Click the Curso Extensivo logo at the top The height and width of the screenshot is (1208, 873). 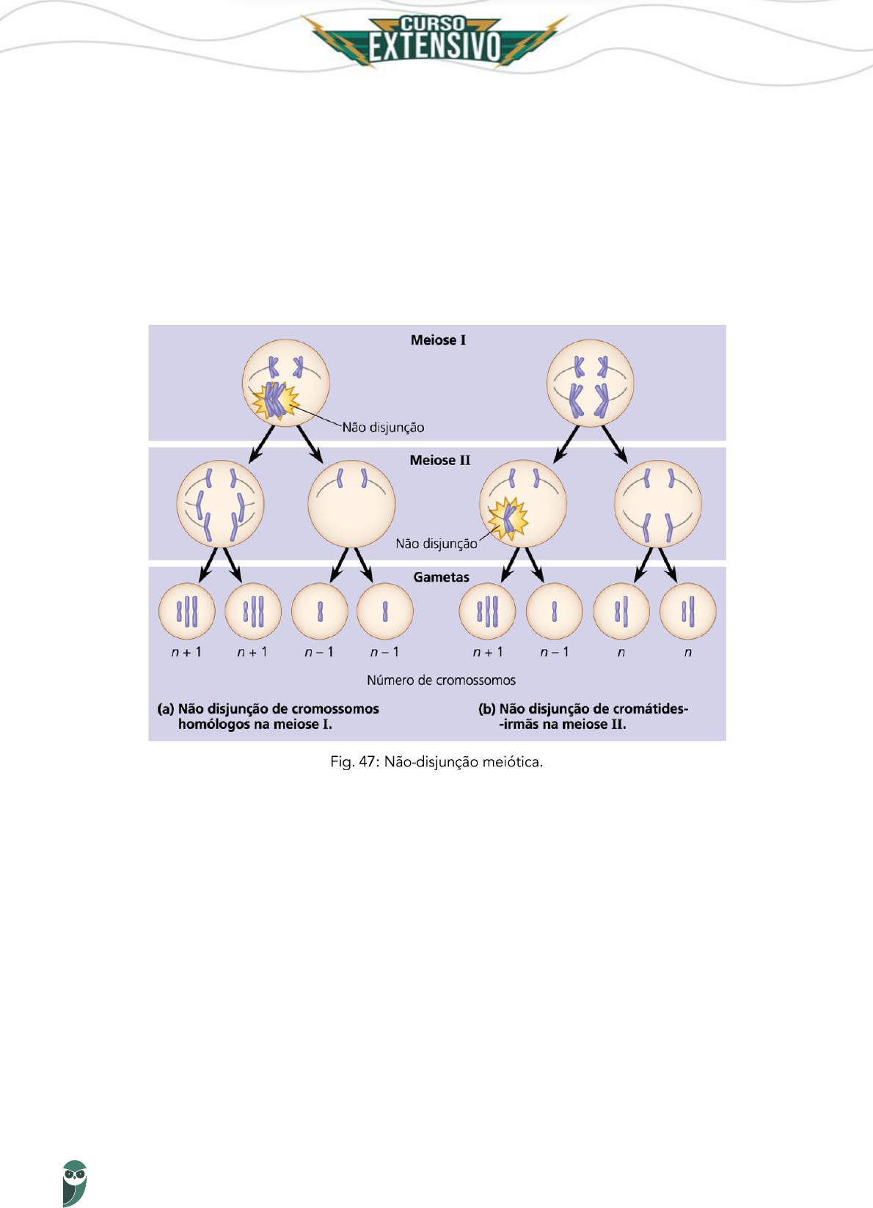pyautogui.click(x=436, y=40)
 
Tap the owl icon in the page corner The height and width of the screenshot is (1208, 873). pyautogui.click(x=74, y=1182)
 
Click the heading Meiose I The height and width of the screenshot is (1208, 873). pyautogui.click(x=438, y=340)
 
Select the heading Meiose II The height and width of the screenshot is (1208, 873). pyautogui.click(x=439, y=461)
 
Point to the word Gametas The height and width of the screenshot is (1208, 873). pyautogui.click(x=441, y=577)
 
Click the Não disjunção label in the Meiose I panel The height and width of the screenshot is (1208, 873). pyautogui.click(x=383, y=428)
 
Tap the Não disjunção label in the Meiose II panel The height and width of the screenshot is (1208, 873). pyautogui.click(x=436, y=543)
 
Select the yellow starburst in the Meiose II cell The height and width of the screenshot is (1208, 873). pyautogui.click(x=508, y=518)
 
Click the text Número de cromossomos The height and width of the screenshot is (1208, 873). pyautogui.click(x=441, y=681)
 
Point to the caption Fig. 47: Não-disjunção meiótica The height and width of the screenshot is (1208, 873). pyautogui.click(x=436, y=762)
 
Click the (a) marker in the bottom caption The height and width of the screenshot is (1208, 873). pyautogui.click(x=165, y=709)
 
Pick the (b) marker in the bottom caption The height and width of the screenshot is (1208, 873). pyautogui.click(x=486, y=709)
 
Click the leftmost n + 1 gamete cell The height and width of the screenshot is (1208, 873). pyautogui.click(x=187, y=611)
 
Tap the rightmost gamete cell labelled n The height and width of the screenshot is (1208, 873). pyautogui.click(x=687, y=611)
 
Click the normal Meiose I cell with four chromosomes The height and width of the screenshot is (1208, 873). pyautogui.click(x=590, y=383)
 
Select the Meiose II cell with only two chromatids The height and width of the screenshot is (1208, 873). pyautogui.click(x=351, y=504)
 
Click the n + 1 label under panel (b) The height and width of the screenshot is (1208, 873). pyautogui.click(x=488, y=652)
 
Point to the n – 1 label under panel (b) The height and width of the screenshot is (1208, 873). pyautogui.click(x=554, y=652)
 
